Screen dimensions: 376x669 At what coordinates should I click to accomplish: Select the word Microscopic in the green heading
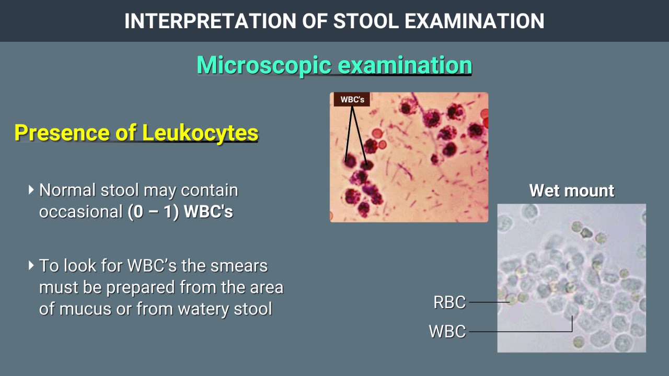pyautogui.click(x=264, y=65)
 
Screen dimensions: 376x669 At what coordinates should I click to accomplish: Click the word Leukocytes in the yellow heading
pyautogui.click(x=200, y=133)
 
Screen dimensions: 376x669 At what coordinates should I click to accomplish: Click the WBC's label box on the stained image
pyautogui.click(x=352, y=99)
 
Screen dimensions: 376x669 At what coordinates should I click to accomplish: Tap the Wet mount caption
pyautogui.click(x=572, y=191)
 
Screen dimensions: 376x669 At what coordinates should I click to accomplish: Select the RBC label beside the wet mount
pyautogui.click(x=449, y=302)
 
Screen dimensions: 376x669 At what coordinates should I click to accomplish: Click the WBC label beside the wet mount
pyautogui.click(x=447, y=332)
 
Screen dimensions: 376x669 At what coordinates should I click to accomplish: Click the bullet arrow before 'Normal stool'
pyautogui.click(x=32, y=190)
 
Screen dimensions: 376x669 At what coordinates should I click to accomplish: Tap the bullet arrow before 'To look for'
pyautogui.click(x=32, y=265)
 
